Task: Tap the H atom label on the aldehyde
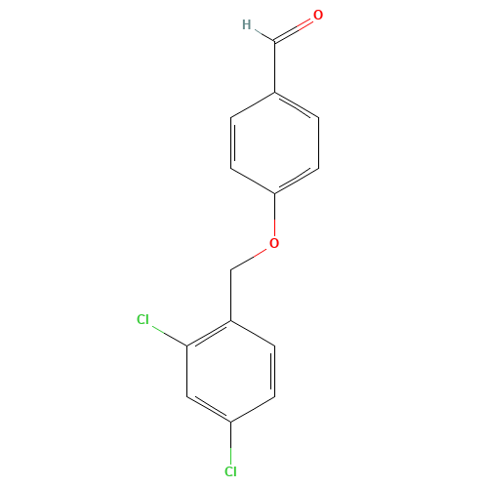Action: (245, 25)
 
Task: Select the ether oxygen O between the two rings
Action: (274, 242)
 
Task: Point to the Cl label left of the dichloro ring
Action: (143, 319)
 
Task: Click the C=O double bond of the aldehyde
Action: (296, 30)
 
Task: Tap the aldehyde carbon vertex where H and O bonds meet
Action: (274, 42)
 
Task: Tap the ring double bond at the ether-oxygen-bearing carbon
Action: (296, 180)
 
